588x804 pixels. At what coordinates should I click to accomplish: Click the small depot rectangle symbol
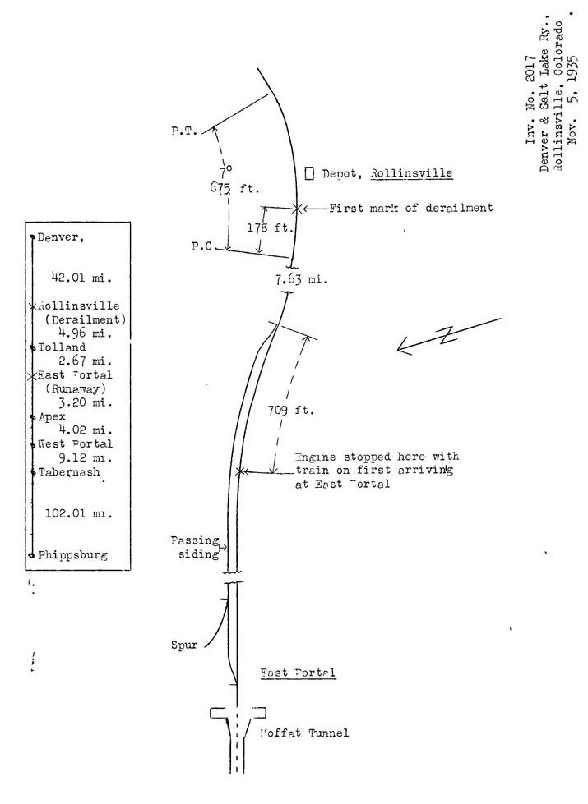point(310,173)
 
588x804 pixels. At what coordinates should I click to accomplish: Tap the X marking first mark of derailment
point(297,209)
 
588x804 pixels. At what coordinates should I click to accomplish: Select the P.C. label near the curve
point(203,246)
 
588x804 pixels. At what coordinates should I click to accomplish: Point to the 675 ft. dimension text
point(234,188)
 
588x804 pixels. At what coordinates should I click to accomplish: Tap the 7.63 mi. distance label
point(301,279)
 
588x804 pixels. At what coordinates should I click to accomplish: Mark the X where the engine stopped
point(239,471)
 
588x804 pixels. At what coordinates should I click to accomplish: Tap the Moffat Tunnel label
point(316,733)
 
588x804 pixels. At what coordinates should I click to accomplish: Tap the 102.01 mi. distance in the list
point(75,513)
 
